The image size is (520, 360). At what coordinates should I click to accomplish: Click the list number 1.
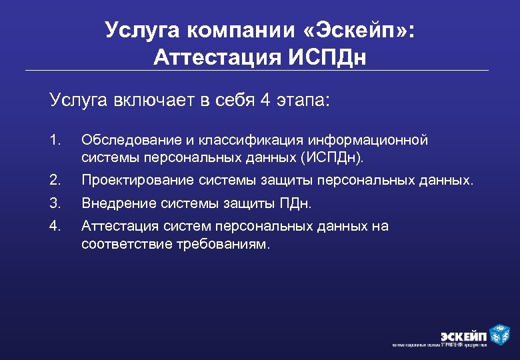point(55,140)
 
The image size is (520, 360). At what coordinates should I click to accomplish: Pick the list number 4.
point(55,226)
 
